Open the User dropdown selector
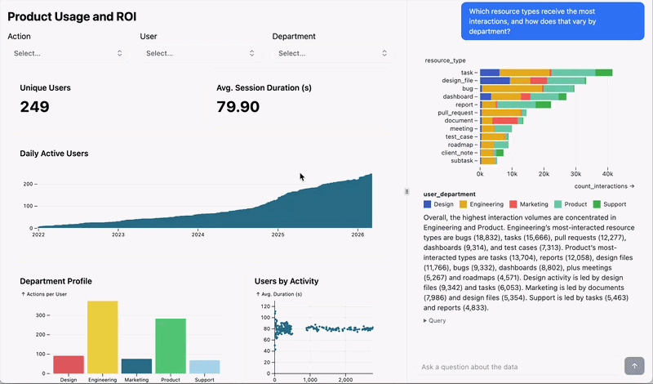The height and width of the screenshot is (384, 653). tap(199, 53)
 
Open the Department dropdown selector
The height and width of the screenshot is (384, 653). tap(331, 53)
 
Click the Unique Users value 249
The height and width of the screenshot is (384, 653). tap(34, 107)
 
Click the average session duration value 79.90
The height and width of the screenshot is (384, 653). tap(238, 107)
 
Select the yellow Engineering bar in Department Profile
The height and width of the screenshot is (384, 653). tap(102, 337)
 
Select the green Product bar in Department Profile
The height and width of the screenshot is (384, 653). tap(171, 346)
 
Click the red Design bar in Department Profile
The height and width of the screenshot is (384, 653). tap(69, 364)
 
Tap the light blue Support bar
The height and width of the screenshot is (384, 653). tap(204, 367)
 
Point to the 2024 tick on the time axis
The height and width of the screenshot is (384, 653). tap(198, 234)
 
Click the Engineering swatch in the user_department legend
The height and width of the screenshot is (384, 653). tap(464, 203)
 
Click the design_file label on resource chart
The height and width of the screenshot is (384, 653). tap(458, 81)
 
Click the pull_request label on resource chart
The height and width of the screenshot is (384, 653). tap(456, 113)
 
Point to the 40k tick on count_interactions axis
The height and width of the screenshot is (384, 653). tap(607, 173)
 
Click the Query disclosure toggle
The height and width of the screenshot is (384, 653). tap(434, 321)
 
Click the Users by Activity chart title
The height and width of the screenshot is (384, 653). tap(287, 281)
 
